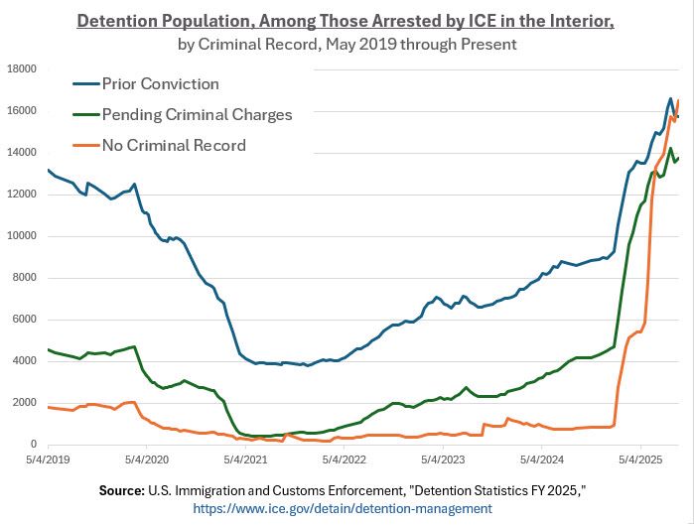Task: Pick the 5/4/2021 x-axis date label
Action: point(244,460)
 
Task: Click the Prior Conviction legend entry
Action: point(161,83)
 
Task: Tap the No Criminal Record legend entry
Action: point(174,145)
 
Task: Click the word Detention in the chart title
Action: point(121,21)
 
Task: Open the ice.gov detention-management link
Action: point(342,508)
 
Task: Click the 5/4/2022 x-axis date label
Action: point(343,460)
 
